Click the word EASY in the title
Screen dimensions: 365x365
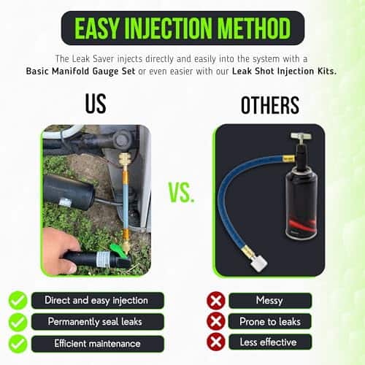pyautogui.click(x=96, y=28)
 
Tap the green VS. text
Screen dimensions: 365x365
pyautogui.click(x=182, y=193)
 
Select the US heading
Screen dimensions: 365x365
pyautogui.click(x=96, y=104)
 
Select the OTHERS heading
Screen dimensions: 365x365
pyautogui.click(x=270, y=105)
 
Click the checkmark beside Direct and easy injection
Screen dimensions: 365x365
pyautogui.click(x=18, y=300)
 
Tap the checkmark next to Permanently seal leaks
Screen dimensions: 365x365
pyautogui.click(x=18, y=322)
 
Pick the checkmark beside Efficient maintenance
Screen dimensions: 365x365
pyautogui.click(x=18, y=344)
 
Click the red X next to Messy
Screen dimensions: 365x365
pyautogui.click(x=216, y=301)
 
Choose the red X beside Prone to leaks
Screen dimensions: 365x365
pyautogui.click(x=216, y=321)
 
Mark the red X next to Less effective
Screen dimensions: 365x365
pyautogui.click(x=216, y=342)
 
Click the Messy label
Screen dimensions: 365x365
pyautogui.click(x=269, y=301)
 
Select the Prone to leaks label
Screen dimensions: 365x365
pyautogui.click(x=269, y=321)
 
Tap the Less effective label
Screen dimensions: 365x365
pyautogui.click(x=269, y=342)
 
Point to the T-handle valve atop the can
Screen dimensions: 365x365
pyautogui.click(x=301, y=138)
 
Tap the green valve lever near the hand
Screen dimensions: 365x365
pyautogui.click(x=118, y=250)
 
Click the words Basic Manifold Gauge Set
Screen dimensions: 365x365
pyautogui.click(x=80, y=72)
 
